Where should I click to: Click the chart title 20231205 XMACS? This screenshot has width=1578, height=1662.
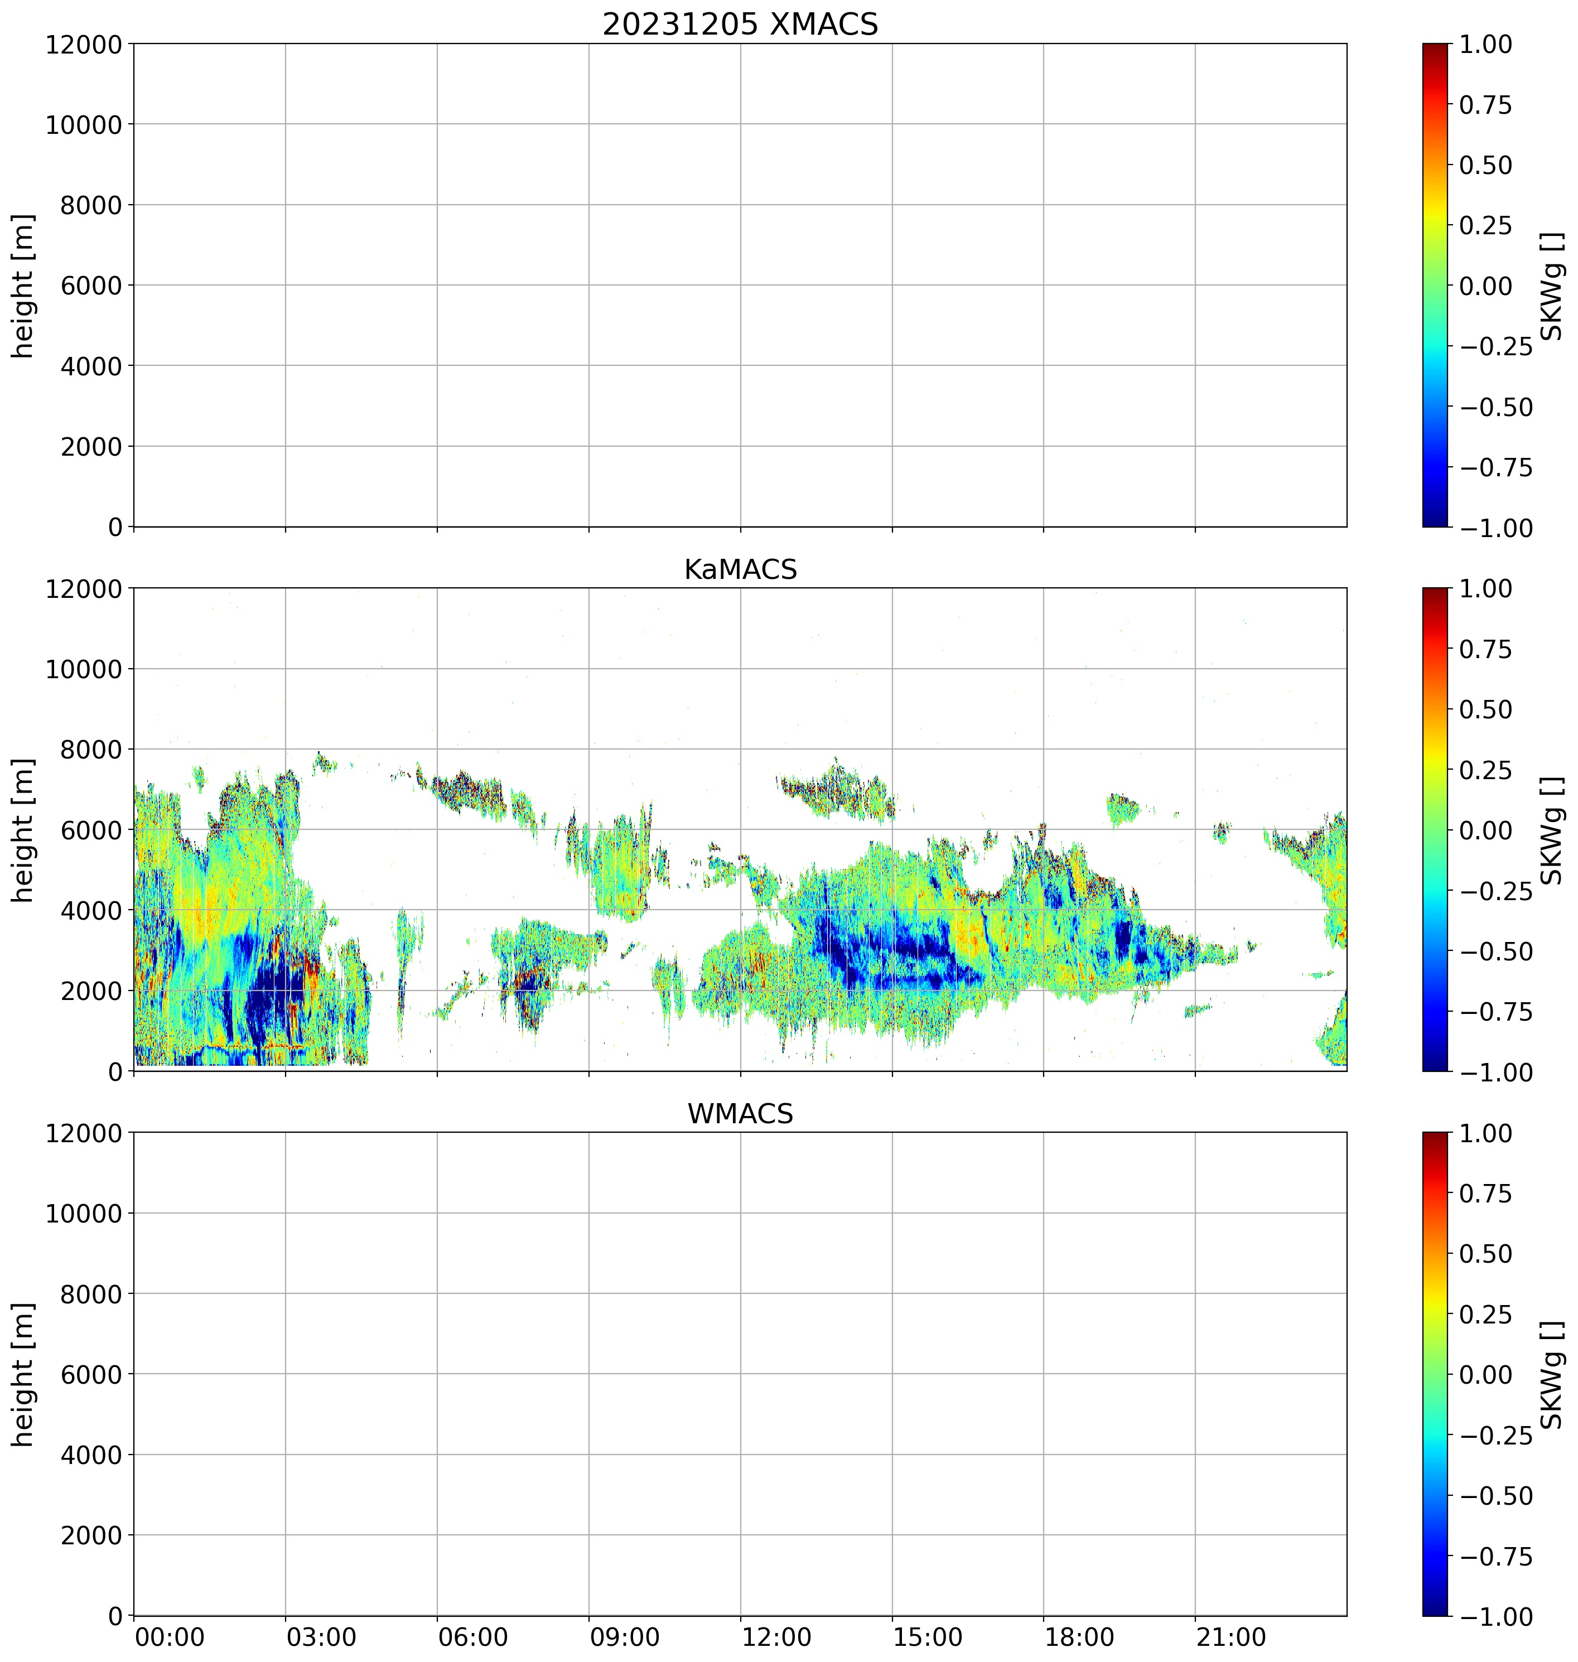(740, 25)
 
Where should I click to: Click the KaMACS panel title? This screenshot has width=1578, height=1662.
(740, 569)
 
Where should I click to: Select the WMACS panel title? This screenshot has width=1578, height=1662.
(740, 1114)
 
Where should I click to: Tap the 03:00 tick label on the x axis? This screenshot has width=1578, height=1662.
(321, 1637)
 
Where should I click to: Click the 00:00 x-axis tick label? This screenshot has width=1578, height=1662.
(170, 1637)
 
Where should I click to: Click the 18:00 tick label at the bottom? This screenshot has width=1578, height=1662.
(1080, 1637)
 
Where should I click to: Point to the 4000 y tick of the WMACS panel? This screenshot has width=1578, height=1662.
(91, 1455)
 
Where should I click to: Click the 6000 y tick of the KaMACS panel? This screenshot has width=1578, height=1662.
(91, 830)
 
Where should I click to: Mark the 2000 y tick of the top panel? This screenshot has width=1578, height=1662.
(91, 447)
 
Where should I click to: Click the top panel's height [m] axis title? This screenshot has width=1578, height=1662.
(23, 286)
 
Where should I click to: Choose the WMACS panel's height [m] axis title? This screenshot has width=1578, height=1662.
(23, 1374)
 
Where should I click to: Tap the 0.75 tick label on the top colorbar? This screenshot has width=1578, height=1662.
(1485, 105)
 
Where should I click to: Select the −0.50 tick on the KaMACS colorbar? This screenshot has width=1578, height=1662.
(1495, 951)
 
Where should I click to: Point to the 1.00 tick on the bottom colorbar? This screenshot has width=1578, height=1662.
(1485, 1133)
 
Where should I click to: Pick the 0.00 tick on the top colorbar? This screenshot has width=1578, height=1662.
(1485, 286)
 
